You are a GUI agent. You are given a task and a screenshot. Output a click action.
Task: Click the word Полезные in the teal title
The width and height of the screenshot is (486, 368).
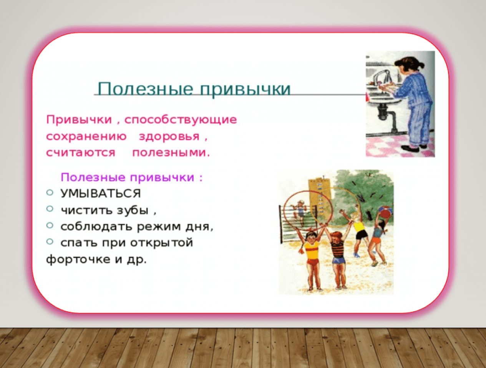tap(146, 89)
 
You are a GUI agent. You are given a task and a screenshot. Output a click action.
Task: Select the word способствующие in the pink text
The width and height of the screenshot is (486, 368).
tap(181, 120)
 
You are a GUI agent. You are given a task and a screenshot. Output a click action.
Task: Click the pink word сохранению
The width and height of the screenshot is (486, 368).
tap(86, 136)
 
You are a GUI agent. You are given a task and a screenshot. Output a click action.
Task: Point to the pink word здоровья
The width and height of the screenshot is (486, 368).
tap(169, 137)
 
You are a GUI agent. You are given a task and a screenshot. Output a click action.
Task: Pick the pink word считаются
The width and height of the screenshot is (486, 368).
tap(81, 153)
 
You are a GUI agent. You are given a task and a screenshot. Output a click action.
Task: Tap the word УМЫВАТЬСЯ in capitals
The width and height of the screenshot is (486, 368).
tap(101, 194)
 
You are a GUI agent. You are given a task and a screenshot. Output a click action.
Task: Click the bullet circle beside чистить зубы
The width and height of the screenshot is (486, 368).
tap(50, 209)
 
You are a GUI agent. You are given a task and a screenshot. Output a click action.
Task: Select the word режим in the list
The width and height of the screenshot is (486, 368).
tap(159, 227)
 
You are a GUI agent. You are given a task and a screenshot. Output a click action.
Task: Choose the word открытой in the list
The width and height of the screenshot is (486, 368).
tap(162, 243)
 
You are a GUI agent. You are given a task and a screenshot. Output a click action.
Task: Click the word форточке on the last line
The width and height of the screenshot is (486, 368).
tap(78, 259)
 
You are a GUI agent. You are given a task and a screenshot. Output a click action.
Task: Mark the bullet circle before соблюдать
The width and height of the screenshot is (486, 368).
tap(50, 225)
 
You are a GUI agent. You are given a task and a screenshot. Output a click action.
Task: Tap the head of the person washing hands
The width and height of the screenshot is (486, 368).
tap(409, 64)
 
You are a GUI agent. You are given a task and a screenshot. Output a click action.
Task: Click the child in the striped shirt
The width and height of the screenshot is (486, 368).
tap(338, 256)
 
